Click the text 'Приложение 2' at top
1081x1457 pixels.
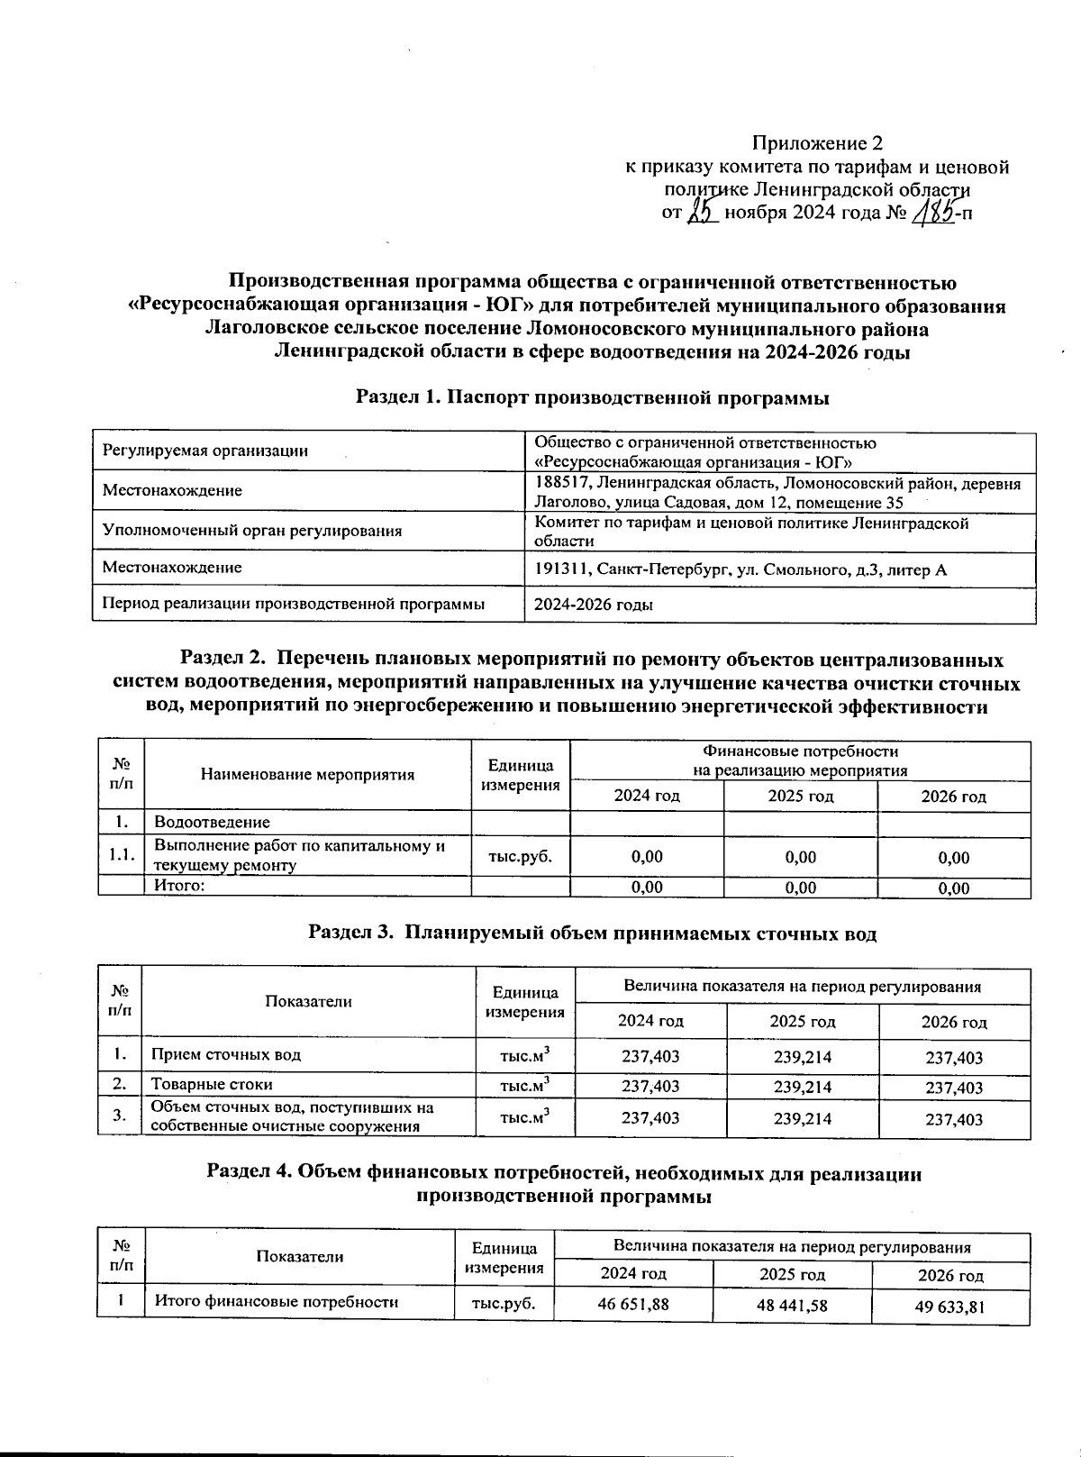[x=817, y=143]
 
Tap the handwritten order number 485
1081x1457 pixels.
[x=933, y=214]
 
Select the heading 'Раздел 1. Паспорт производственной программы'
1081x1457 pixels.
[x=592, y=397]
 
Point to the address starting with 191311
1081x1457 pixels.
[x=740, y=569]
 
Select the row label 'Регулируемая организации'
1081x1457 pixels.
[x=205, y=451]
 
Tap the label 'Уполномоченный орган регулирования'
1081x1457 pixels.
[x=252, y=530]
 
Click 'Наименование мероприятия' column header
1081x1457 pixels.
[x=307, y=774]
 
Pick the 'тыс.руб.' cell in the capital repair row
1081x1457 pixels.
[x=520, y=856]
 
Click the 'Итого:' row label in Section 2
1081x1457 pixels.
[x=180, y=886]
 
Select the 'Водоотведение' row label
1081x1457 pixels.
[x=212, y=822]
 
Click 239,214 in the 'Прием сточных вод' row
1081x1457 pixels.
[x=802, y=1056]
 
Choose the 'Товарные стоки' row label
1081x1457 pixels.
[x=212, y=1084]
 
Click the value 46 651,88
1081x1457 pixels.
[x=633, y=1303]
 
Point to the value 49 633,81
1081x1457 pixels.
[x=949, y=1307]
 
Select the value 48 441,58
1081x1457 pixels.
[x=792, y=1304]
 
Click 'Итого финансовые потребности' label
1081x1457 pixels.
[x=277, y=1301]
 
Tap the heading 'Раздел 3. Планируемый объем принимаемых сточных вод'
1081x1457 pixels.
[x=592, y=933]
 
